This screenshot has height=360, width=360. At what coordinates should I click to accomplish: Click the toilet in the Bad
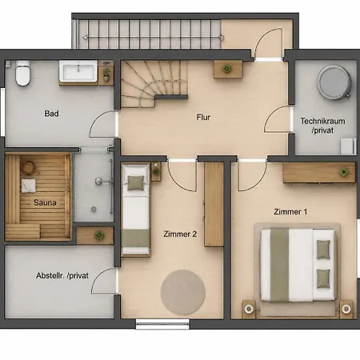click(x=22, y=73)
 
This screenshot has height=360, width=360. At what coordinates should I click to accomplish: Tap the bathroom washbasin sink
click(x=78, y=71)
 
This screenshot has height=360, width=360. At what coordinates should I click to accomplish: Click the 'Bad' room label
click(x=51, y=114)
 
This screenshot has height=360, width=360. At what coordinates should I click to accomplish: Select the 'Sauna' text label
click(x=45, y=202)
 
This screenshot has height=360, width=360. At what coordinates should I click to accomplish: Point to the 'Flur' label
click(x=203, y=117)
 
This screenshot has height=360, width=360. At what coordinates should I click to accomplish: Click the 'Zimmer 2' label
click(x=180, y=234)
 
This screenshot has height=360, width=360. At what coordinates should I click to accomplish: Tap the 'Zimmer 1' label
click(x=290, y=212)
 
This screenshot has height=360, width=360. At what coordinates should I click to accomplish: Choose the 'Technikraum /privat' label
click(x=322, y=126)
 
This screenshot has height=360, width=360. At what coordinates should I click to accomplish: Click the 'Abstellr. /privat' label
click(x=62, y=275)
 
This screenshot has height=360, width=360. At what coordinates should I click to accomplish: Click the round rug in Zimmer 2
click(x=183, y=292)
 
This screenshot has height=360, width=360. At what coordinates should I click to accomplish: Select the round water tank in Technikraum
click(x=334, y=82)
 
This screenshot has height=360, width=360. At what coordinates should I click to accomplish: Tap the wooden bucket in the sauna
click(x=28, y=168)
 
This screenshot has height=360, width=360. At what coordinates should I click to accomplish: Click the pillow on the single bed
click(x=136, y=183)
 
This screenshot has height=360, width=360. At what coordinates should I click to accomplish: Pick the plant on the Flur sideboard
click(x=227, y=69)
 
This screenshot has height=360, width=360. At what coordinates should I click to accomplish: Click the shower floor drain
click(x=94, y=210)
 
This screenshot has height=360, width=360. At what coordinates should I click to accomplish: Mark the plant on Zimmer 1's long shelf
click(x=344, y=172)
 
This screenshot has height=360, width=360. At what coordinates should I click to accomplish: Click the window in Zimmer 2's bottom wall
click(x=162, y=324)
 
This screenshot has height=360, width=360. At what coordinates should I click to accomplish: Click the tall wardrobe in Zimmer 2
click(x=214, y=205)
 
